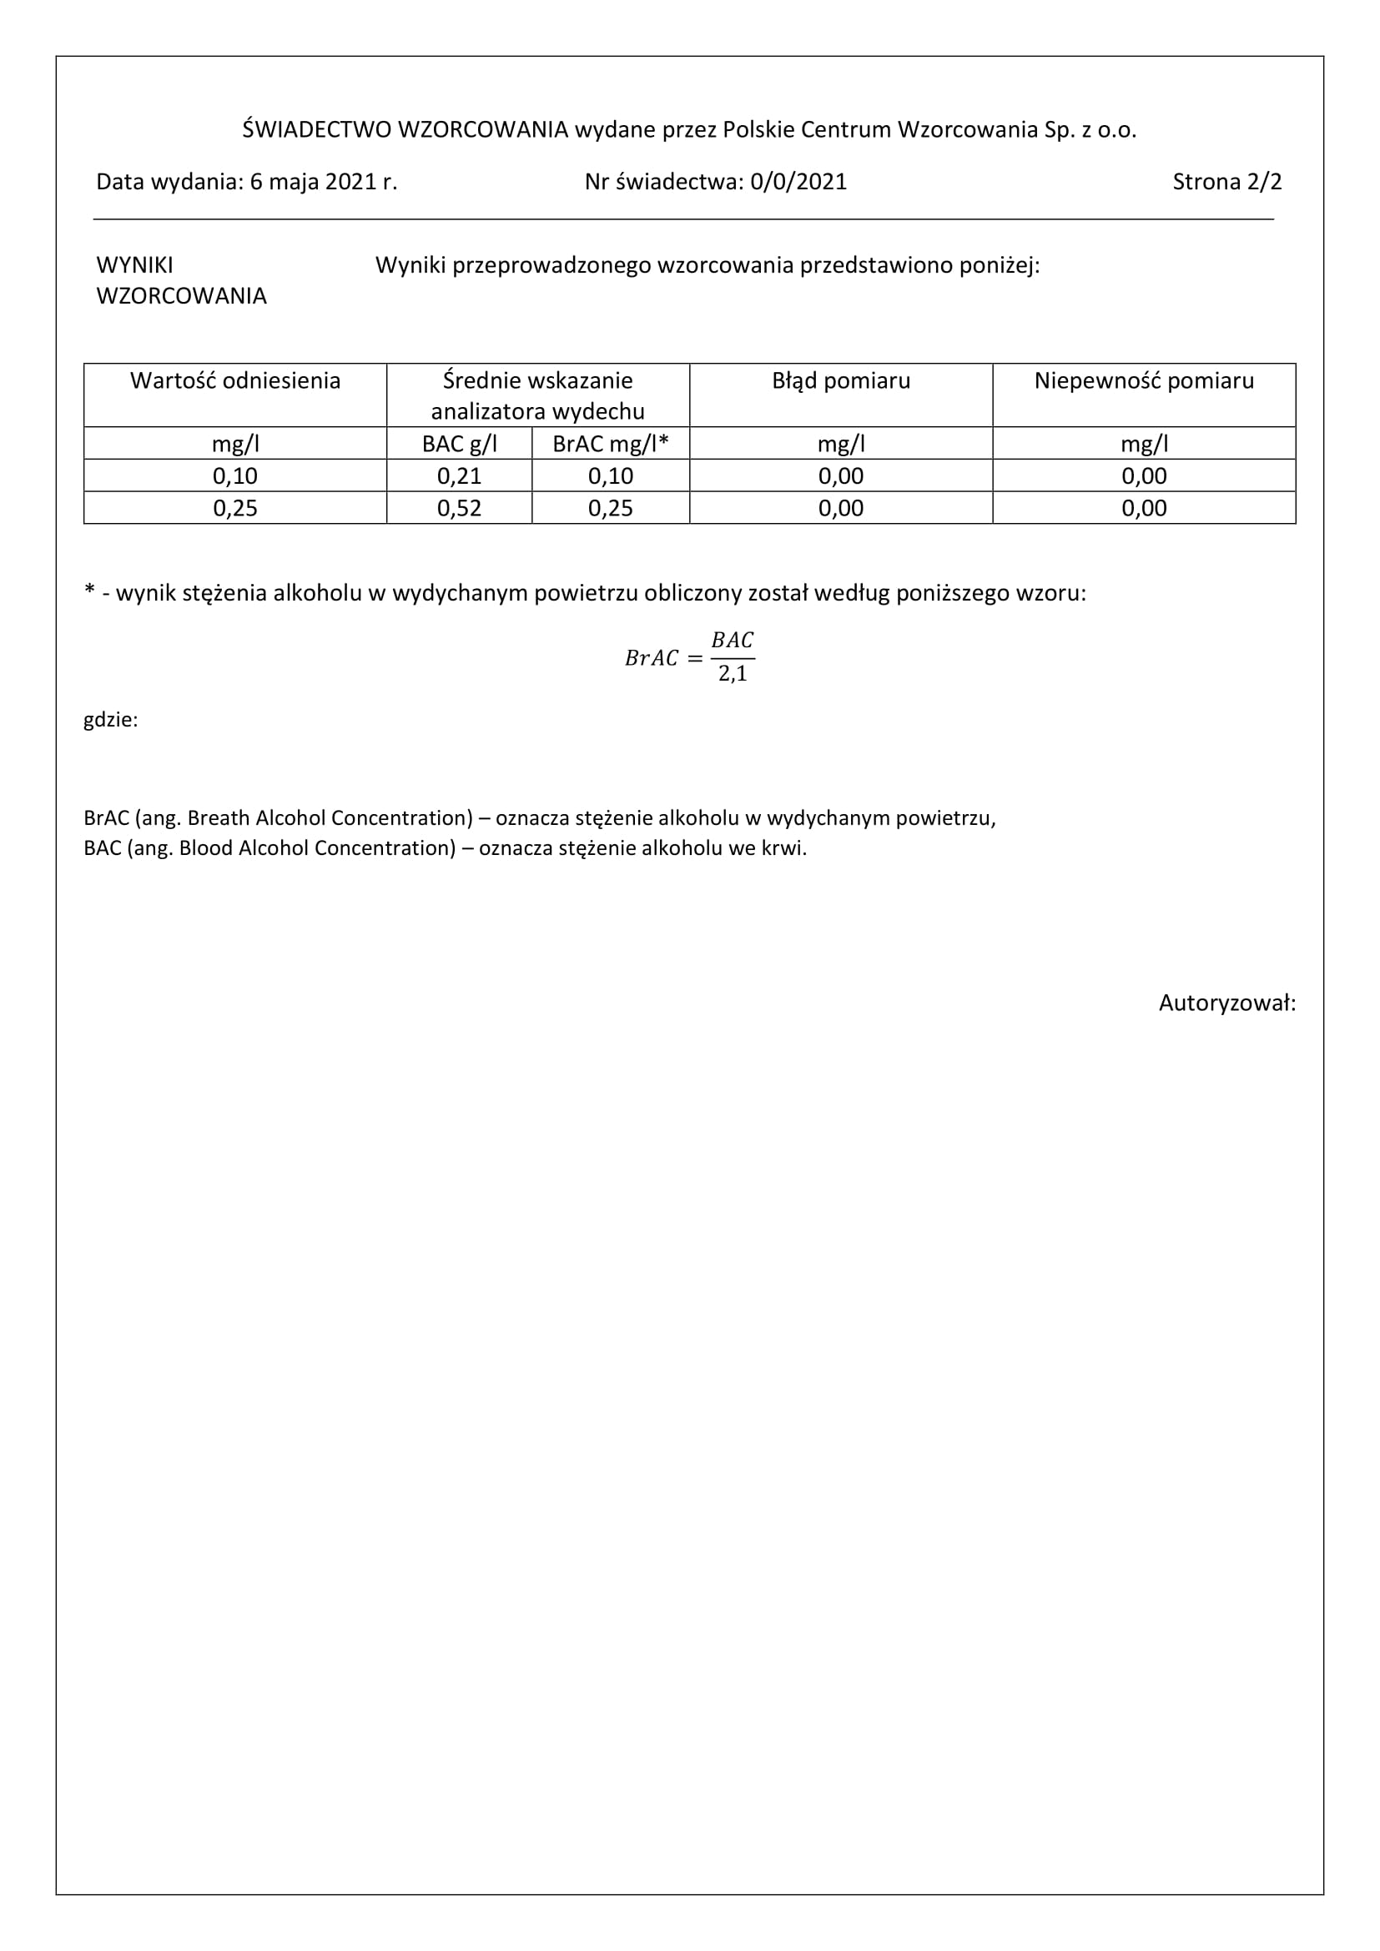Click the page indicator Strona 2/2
point(1226,182)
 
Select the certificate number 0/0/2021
point(798,182)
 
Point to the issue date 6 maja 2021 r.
point(323,182)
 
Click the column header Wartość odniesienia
point(235,380)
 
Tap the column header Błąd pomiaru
point(840,380)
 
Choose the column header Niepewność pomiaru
point(1144,380)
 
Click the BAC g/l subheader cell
point(459,444)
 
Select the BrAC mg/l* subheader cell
point(610,444)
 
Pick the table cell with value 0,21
point(459,475)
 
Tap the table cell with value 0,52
point(459,508)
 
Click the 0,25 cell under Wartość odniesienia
point(235,508)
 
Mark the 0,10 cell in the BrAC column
point(610,475)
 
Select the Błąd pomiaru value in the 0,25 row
point(840,508)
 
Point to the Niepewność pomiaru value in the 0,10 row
point(1144,475)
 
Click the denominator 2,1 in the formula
point(733,675)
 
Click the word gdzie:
point(110,720)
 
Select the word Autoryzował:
point(1227,1003)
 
